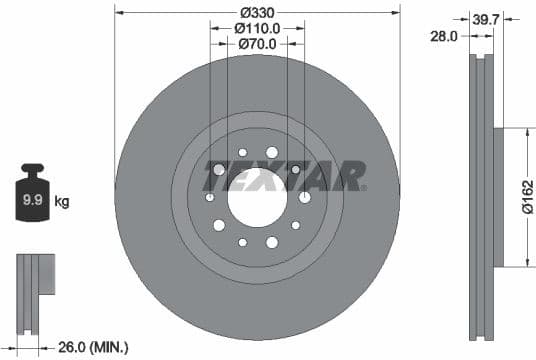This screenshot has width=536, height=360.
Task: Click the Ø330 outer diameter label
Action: [258, 11]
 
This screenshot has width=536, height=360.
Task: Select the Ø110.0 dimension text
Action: [257, 28]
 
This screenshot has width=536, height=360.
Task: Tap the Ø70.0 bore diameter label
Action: [257, 45]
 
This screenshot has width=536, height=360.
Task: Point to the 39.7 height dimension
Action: [488, 18]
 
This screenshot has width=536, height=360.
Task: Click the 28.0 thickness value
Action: [444, 35]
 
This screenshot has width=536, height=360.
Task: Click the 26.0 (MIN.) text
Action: [93, 347]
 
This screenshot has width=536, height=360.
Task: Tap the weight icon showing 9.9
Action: [33, 198]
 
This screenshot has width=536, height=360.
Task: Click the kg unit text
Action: [62, 202]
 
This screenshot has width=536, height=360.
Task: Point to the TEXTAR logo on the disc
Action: [284, 175]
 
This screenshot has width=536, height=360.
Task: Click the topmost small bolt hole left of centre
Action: [242, 152]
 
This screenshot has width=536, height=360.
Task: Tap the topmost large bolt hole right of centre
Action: [272, 152]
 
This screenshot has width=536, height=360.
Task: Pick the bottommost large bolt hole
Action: [272, 242]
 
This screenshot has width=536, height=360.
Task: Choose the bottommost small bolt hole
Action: [242, 242]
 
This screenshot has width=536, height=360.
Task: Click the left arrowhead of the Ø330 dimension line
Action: [119, 12]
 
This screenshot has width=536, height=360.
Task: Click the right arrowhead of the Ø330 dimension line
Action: [397, 12]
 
